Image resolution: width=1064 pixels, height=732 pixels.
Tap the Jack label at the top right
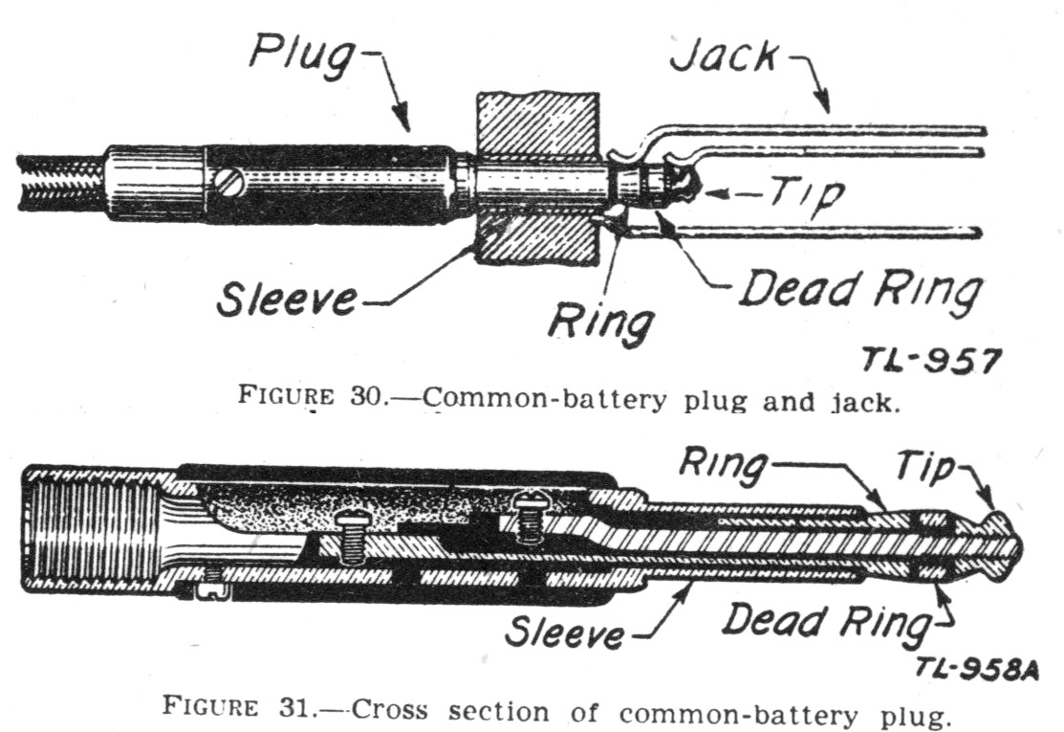pos(724,55)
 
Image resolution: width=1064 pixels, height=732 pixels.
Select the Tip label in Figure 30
pos(808,195)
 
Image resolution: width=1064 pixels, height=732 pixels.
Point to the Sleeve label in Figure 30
pos(287,299)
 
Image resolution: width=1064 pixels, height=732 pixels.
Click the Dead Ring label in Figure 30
pos(860,292)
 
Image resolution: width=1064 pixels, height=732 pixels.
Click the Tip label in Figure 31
pos(925,467)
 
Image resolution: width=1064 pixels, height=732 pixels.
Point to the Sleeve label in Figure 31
pos(565,632)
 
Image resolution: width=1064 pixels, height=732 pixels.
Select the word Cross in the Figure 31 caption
pos(390,710)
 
